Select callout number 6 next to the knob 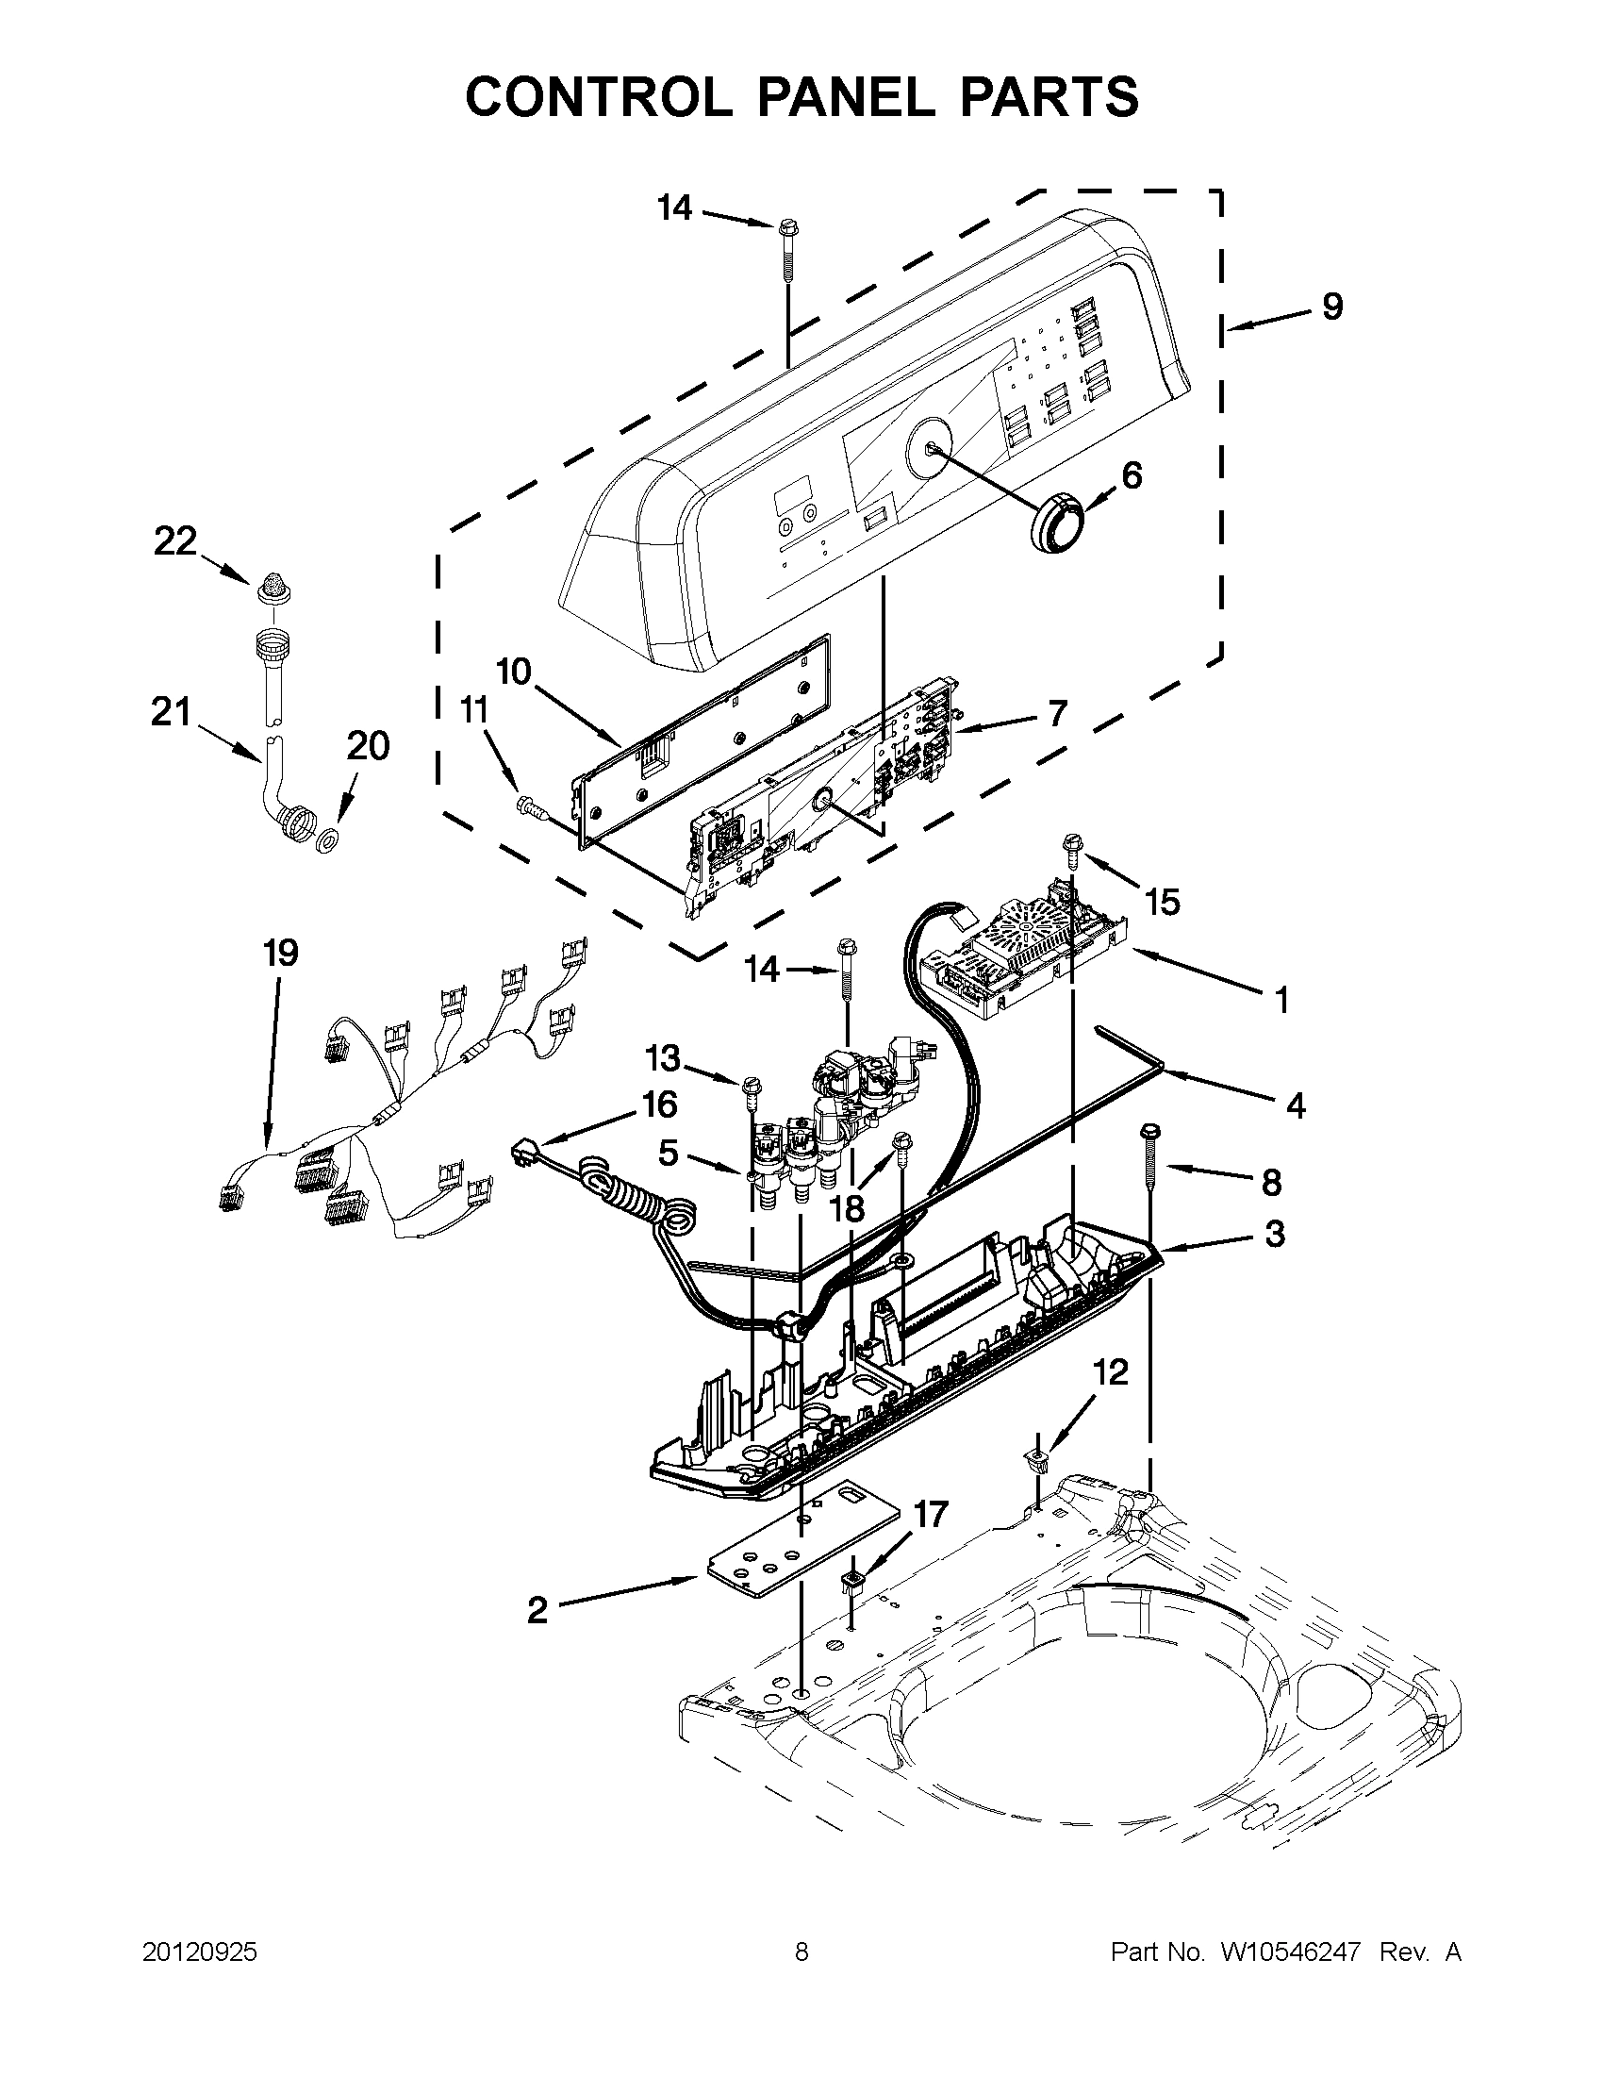(1131, 474)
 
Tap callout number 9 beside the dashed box (1332, 307)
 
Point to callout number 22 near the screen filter (174, 541)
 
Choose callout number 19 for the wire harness (280, 953)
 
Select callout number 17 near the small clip (931, 1514)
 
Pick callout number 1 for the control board (1281, 999)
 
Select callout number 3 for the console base (1274, 1234)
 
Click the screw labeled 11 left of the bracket (526, 807)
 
